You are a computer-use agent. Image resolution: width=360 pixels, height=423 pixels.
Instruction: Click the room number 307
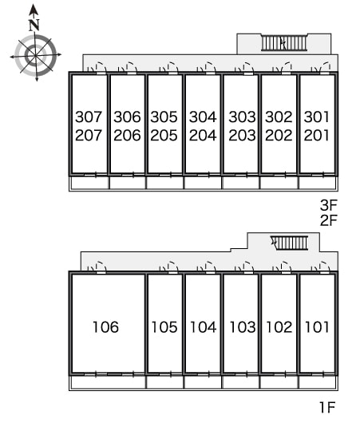coord(89,117)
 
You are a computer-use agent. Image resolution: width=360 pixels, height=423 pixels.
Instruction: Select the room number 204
coord(203,135)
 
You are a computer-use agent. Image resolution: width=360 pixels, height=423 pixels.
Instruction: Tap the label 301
coord(317,117)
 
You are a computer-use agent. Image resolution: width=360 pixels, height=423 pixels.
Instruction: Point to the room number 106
coord(105,326)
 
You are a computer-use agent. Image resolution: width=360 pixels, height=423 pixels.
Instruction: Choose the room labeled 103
coord(242,326)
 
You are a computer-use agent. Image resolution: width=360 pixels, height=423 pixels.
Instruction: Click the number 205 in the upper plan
coord(164,135)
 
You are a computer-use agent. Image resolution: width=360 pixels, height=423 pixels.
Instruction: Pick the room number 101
coord(317,326)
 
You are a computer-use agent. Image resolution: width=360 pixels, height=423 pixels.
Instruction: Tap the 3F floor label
coord(329,205)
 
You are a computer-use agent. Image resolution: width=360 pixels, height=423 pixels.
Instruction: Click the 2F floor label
coord(329,220)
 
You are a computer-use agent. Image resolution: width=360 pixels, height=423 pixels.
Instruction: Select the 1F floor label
coord(327,407)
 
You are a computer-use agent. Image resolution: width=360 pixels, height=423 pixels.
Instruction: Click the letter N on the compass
coord(34,25)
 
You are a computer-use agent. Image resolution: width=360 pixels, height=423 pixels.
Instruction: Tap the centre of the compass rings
coord(35,55)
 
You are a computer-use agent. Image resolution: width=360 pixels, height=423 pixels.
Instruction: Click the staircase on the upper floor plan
coord(284,42)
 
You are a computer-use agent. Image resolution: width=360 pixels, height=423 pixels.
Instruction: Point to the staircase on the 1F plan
coord(290,243)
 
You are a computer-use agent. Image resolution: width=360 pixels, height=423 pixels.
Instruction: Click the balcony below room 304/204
coord(203,183)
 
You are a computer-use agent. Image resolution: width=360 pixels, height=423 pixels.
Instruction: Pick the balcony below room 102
coord(279,382)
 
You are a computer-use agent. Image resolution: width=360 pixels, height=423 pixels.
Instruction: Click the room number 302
coord(279,117)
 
